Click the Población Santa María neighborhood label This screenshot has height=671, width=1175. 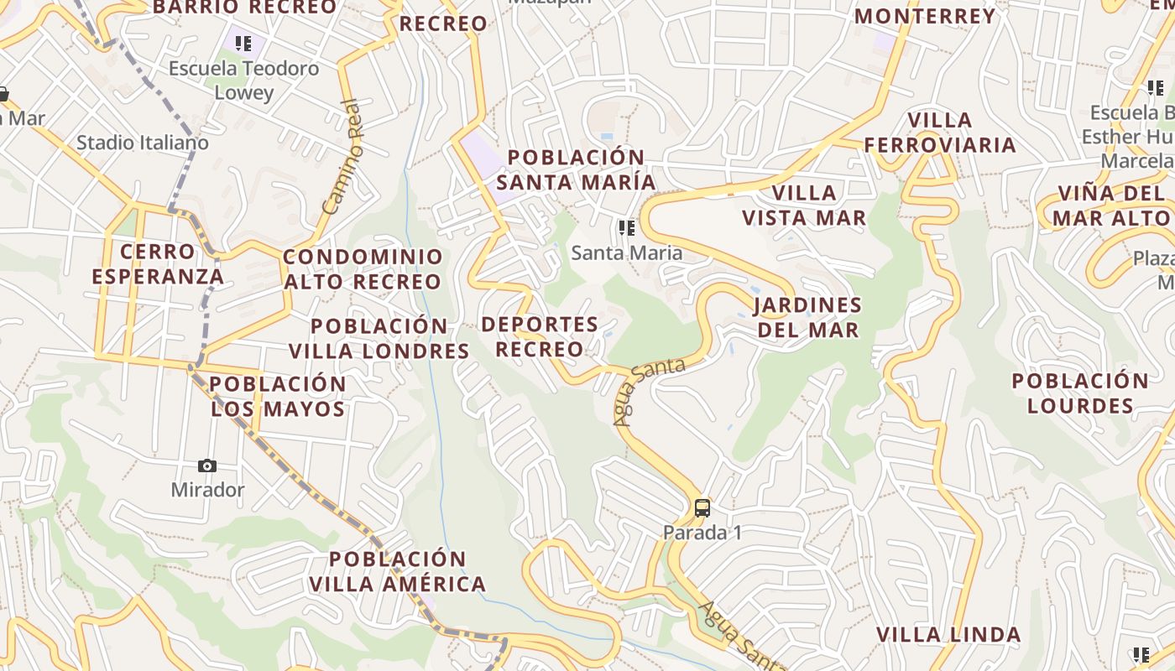coord(576,169)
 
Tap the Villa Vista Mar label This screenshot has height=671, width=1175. coord(804,205)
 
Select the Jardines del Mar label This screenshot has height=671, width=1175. coord(808,317)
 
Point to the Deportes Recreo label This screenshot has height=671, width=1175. coord(540,336)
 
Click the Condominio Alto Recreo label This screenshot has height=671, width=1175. coord(363,269)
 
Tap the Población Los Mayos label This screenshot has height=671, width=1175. coord(278,396)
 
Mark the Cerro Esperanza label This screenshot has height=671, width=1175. coord(158,263)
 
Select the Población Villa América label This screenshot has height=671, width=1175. coord(397,571)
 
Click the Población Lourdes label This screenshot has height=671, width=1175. coord(1080,393)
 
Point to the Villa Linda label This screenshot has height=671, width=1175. coord(948,634)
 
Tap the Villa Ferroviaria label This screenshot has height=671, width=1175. coord(940,133)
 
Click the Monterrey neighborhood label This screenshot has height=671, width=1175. coord(925,16)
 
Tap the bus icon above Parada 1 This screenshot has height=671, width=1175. coord(702,507)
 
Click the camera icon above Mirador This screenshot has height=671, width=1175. coord(207,466)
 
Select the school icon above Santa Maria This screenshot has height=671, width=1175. coord(626,228)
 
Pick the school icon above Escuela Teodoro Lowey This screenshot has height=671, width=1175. coord(243,44)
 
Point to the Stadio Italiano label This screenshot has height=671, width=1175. coord(143,143)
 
